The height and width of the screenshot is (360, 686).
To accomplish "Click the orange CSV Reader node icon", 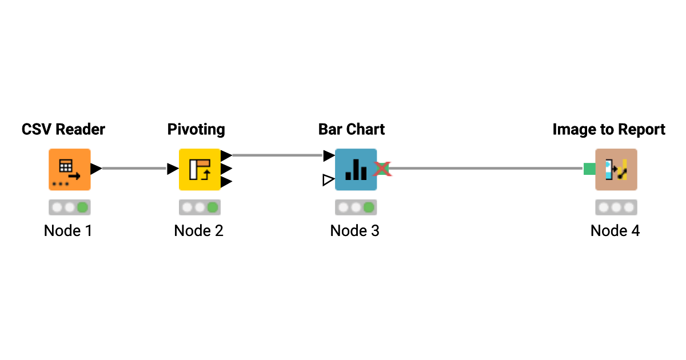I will [x=69, y=169].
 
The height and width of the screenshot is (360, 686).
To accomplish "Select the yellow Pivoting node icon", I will [x=200, y=169].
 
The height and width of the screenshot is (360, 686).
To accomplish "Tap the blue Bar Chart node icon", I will [x=356, y=169].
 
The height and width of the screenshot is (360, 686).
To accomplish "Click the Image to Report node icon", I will [x=616, y=169].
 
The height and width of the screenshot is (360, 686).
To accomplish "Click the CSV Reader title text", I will [x=63, y=130].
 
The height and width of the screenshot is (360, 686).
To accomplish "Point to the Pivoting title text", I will [x=196, y=130].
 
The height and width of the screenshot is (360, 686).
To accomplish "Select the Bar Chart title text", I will [x=352, y=130].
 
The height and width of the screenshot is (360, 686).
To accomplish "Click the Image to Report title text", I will [x=609, y=130].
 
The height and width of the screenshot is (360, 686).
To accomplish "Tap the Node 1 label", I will [x=68, y=231].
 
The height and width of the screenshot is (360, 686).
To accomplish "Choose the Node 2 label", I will [x=198, y=231].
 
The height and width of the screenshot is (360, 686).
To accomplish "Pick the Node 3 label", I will [x=355, y=231].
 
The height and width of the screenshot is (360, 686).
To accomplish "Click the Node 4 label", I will [x=615, y=231].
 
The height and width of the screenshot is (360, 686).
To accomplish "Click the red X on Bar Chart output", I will [x=382, y=169].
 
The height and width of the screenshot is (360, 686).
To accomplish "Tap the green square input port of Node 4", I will [x=589, y=169].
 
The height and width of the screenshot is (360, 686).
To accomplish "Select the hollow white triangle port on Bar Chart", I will [x=328, y=181].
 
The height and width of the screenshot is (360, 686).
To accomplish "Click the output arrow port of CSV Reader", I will [x=96, y=169].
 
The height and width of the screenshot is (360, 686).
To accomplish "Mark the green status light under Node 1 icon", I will [x=82, y=207].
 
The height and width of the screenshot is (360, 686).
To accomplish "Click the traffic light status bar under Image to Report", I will [x=616, y=207].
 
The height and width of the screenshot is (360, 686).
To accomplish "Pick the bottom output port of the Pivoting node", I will [x=226, y=182].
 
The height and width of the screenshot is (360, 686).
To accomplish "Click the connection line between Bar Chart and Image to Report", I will [x=486, y=169].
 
